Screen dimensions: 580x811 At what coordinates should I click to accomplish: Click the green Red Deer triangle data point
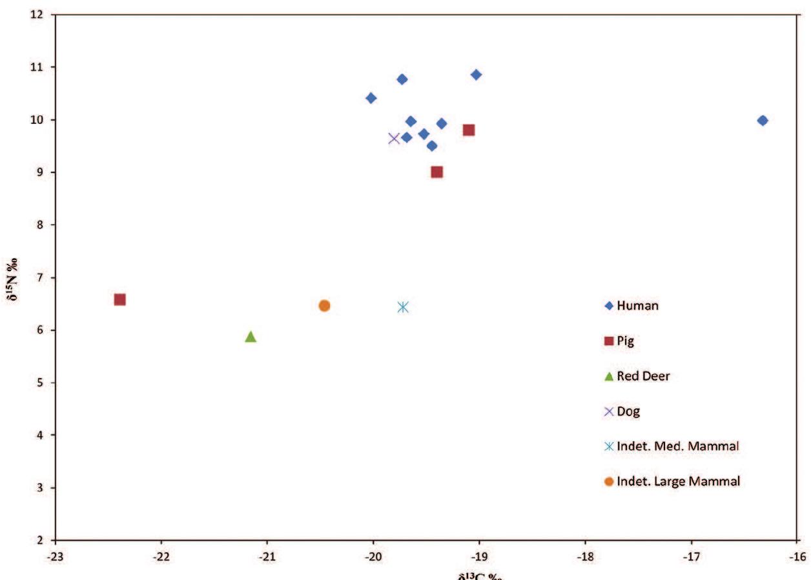pos(251,336)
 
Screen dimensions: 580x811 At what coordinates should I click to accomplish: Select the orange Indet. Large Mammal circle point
pos(324,305)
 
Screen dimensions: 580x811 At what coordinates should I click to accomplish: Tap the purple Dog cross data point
pos(394,138)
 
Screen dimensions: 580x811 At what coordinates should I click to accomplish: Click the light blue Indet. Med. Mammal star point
pos(403,306)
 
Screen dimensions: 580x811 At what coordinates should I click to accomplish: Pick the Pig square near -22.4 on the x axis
pos(119,299)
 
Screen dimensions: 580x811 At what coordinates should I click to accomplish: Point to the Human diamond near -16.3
pos(762,121)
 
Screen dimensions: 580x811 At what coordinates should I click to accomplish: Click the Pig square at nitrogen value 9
pos(436,172)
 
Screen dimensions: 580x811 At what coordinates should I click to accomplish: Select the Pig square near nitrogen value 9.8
pos(469,130)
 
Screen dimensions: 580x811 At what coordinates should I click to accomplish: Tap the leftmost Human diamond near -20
pos(371,98)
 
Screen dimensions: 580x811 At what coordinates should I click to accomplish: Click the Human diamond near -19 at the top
pos(476,75)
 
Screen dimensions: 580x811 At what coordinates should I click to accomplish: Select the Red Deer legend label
pos(643,376)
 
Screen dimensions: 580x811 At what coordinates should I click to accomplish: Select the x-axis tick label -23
pos(56,554)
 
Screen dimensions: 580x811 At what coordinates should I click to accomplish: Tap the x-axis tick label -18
pos(585,554)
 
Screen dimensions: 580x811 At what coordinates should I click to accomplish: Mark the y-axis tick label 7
pos(45,277)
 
